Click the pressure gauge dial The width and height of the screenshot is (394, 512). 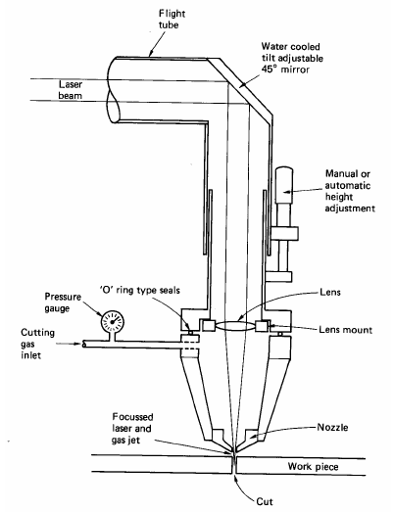click(x=113, y=322)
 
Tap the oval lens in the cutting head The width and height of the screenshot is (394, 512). click(x=236, y=326)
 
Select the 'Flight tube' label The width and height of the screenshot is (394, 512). click(x=172, y=19)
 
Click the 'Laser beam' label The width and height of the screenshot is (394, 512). click(x=71, y=90)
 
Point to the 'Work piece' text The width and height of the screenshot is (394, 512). click(x=313, y=467)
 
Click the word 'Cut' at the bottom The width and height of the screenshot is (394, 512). click(x=265, y=501)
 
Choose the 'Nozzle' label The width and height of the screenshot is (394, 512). click(x=332, y=427)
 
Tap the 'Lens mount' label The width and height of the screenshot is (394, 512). click(x=346, y=330)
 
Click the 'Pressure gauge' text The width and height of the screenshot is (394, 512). click(x=63, y=303)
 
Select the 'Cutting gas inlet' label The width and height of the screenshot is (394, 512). click(x=37, y=344)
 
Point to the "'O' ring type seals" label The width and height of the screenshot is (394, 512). click(x=139, y=290)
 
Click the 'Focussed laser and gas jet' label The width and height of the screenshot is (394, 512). click(x=132, y=428)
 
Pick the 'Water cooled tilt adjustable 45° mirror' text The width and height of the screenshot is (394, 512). click(x=292, y=58)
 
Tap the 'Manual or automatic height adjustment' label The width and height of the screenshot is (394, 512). click(x=350, y=191)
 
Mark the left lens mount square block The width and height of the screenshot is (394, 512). click(x=209, y=326)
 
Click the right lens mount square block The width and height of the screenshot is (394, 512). click(x=263, y=326)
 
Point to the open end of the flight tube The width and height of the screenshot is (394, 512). click(x=113, y=90)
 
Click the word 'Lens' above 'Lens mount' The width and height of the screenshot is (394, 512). click(x=330, y=292)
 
